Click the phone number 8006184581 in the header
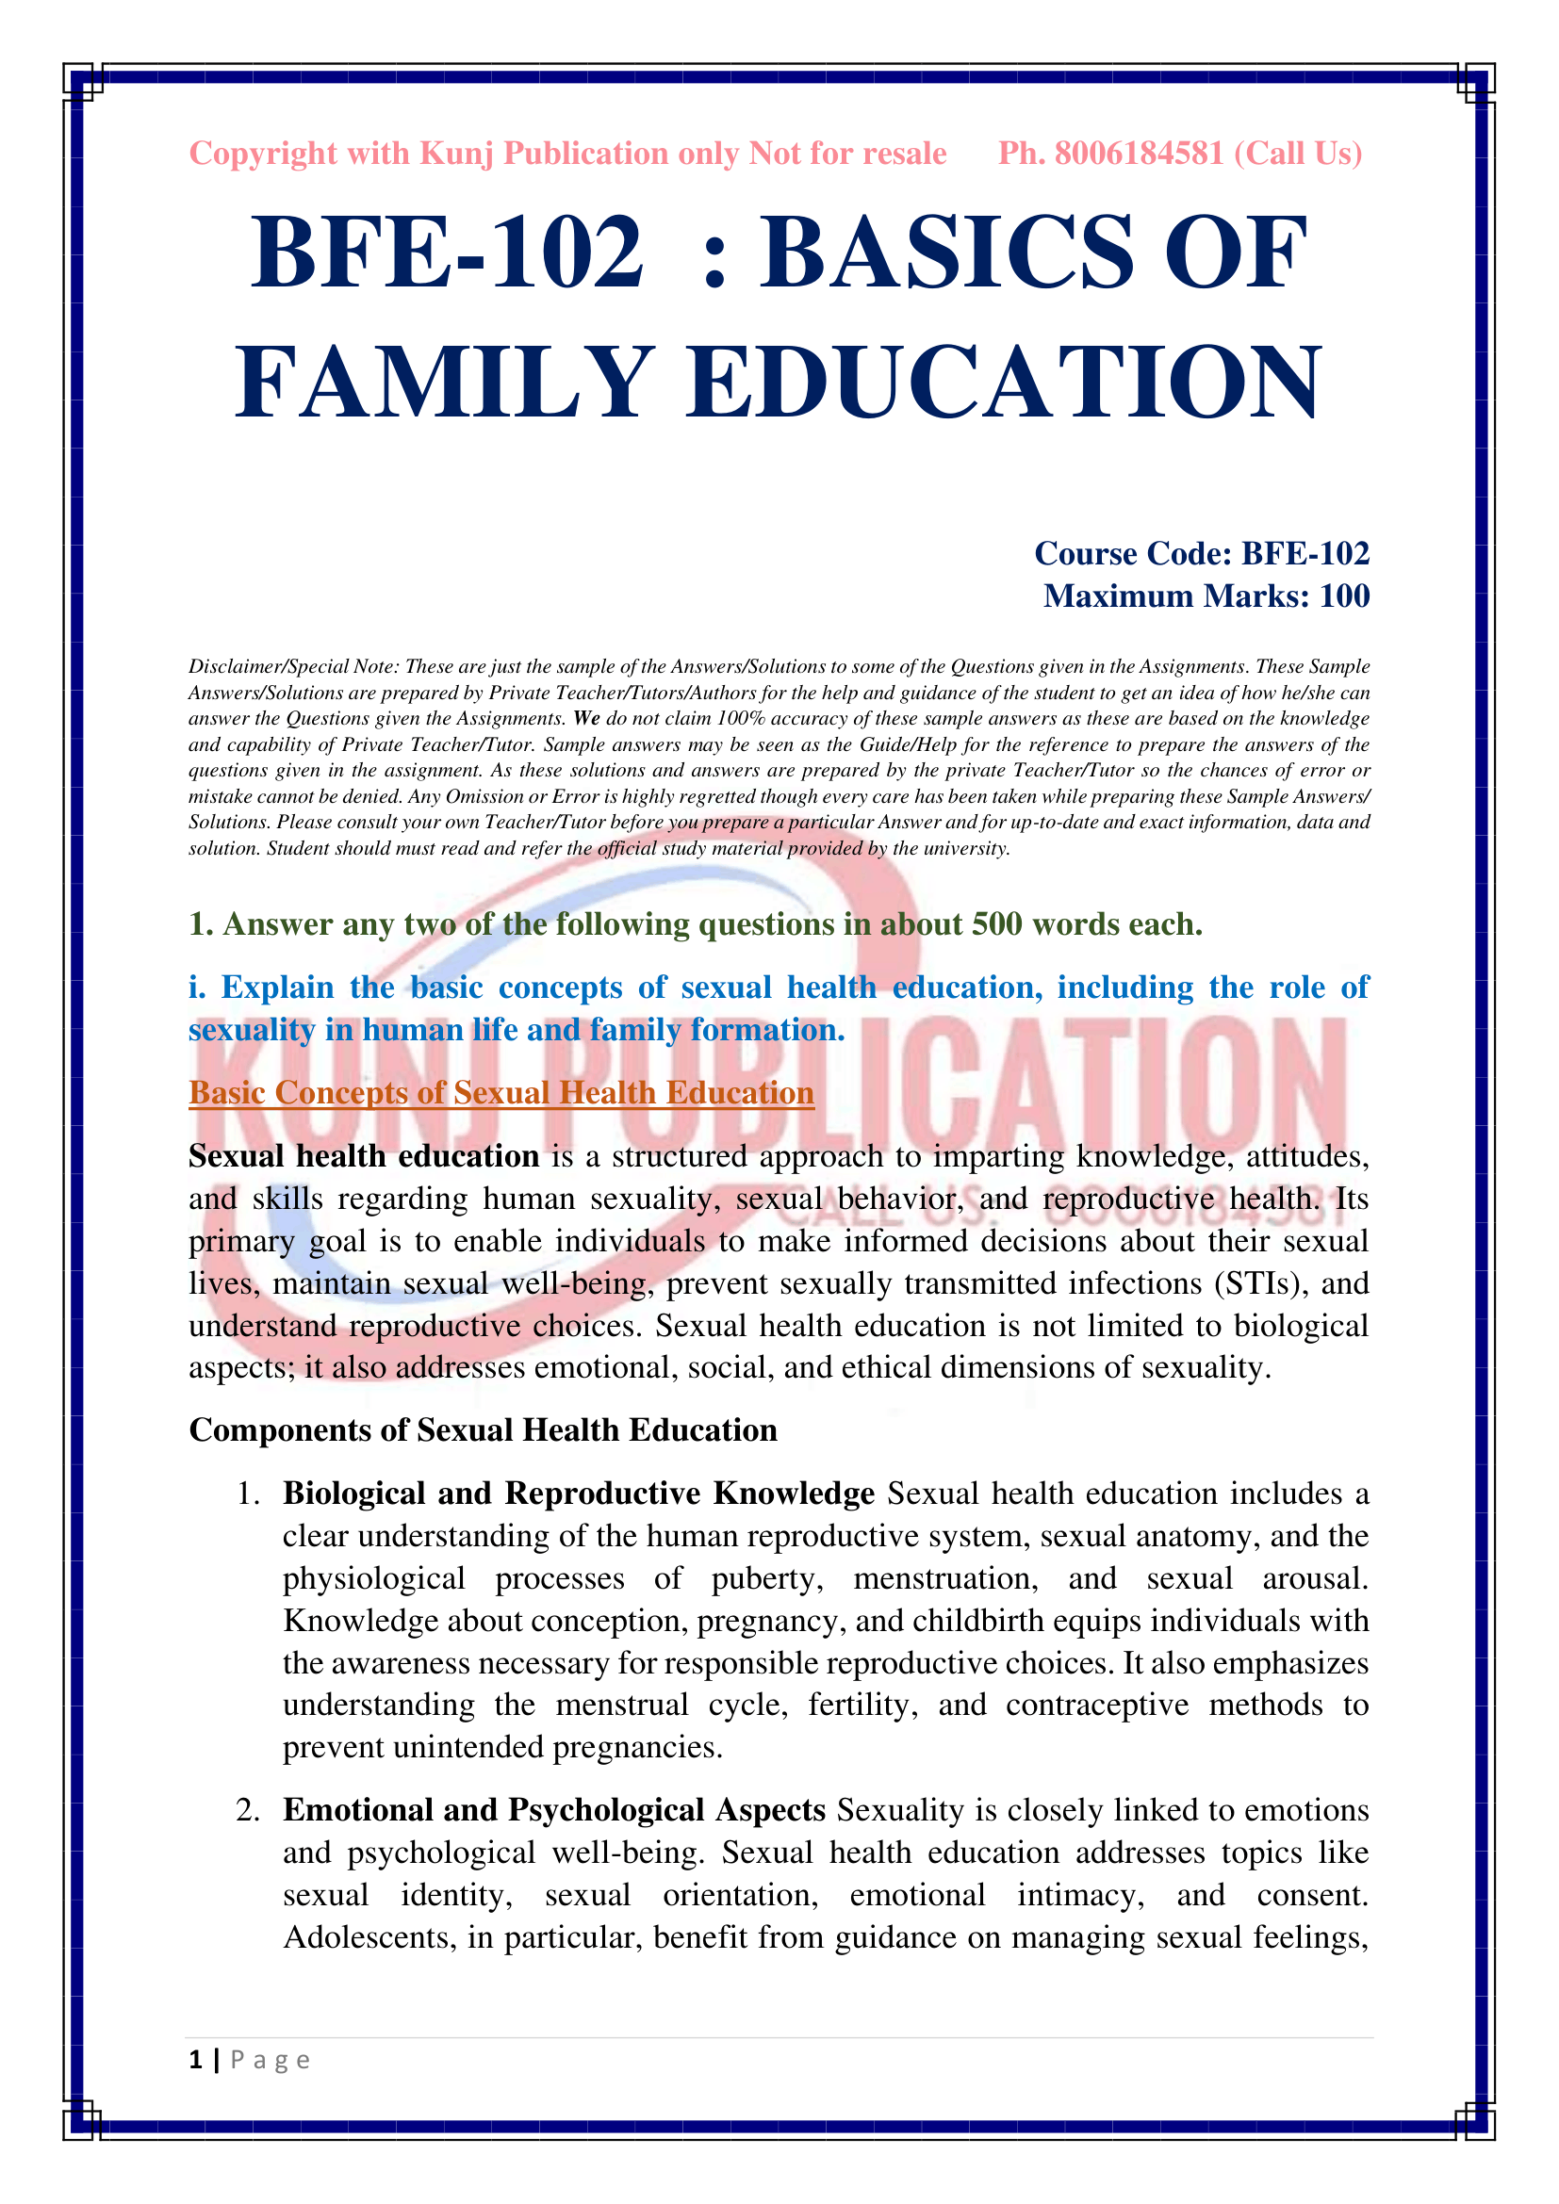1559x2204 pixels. [1139, 154]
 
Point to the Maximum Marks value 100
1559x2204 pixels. [1344, 596]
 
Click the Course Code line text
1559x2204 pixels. [1201, 554]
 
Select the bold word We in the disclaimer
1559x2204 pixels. [585, 718]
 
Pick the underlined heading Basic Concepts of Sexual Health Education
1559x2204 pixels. [501, 1092]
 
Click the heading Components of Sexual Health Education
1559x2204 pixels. [483, 1429]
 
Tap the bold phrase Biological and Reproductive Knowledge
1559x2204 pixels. [578, 1493]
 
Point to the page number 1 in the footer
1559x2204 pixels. [196, 2059]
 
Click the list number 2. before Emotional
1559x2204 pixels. [248, 1809]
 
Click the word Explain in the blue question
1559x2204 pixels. [277, 987]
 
